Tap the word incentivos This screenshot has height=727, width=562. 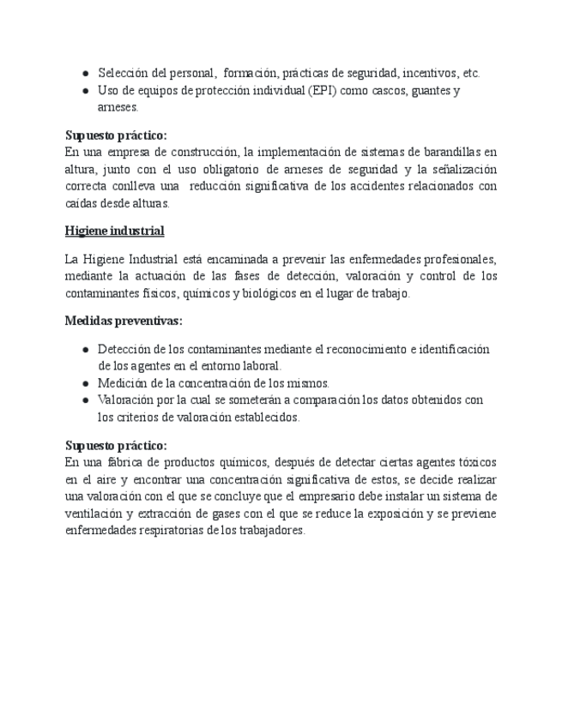430,74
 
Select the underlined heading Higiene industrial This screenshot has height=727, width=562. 114,231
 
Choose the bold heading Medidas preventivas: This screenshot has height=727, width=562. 124,321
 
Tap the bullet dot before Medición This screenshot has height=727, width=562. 87,383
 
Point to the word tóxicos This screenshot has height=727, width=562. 476,462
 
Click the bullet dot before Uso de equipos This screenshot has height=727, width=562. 87,91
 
